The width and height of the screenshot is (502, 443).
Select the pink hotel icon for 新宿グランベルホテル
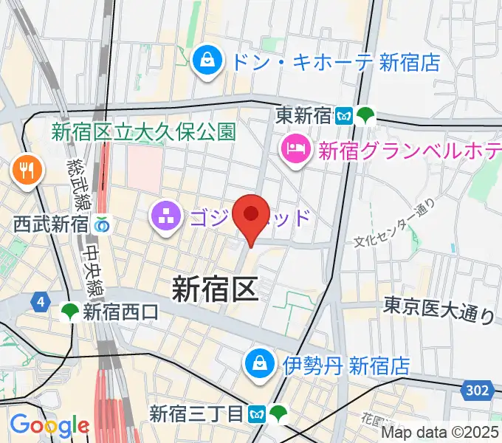[x=295, y=151]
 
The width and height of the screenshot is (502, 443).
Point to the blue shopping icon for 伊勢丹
[x=261, y=363]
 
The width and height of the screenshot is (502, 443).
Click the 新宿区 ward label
[x=215, y=288]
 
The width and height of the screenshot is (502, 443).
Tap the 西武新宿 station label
[x=50, y=223]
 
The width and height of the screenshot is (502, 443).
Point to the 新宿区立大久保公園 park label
[x=144, y=131]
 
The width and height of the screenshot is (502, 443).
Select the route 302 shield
[x=478, y=390]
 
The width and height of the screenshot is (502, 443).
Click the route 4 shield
[x=39, y=301]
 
